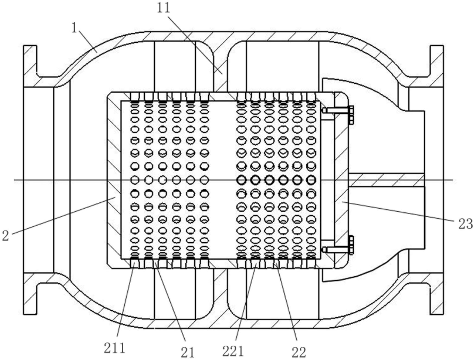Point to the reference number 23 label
coord(465,224)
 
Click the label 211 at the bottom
coord(114,348)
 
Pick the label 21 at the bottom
coord(188,352)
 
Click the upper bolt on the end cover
coord(338,111)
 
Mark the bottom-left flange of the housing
coord(30,294)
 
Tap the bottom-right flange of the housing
coord(437,294)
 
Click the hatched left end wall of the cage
coord(114,180)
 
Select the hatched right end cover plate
coord(341,180)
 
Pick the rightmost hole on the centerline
coord(311,180)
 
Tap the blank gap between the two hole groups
coord(223,180)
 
